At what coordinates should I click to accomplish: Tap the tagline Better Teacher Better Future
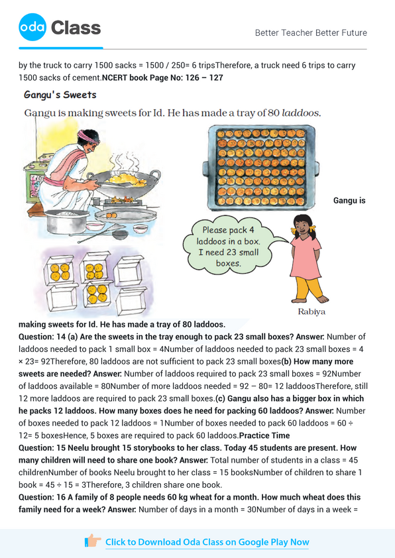[310, 32]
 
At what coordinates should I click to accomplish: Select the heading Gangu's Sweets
[60, 95]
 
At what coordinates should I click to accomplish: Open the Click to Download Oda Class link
[207, 542]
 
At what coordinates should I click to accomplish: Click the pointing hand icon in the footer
[93, 541]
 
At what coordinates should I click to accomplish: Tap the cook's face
[89, 147]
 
